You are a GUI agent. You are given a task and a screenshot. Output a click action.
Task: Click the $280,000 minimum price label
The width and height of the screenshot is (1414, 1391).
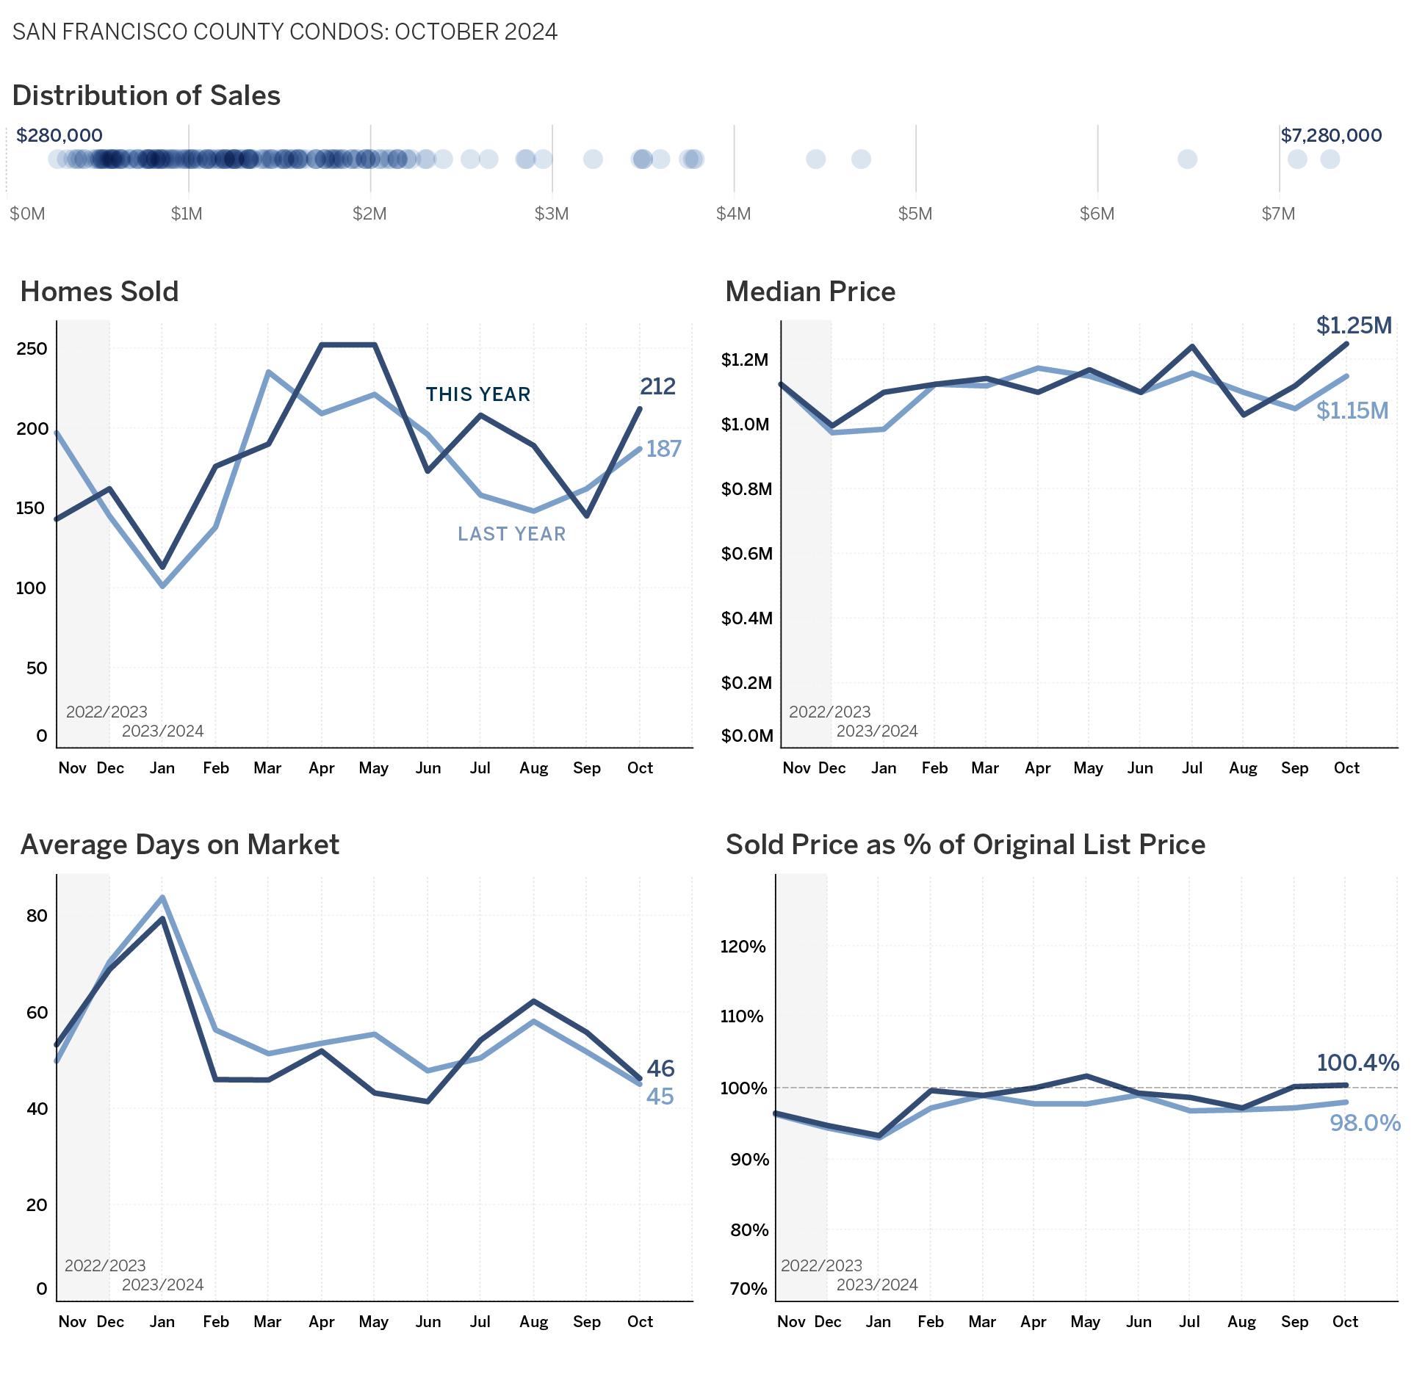coord(59,136)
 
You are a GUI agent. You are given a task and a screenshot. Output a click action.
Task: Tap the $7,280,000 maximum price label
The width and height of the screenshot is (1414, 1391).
coord(1331,136)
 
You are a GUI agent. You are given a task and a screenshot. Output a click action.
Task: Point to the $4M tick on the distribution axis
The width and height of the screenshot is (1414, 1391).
coord(733,214)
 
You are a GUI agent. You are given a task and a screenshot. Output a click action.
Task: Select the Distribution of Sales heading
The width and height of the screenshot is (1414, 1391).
coord(146,95)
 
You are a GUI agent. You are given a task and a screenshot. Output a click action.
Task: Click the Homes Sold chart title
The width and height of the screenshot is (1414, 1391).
coord(99,292)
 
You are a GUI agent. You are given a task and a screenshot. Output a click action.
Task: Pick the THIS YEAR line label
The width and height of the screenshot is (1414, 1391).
coord(478,394)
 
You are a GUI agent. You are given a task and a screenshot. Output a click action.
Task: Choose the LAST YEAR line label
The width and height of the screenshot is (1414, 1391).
coord(512,534)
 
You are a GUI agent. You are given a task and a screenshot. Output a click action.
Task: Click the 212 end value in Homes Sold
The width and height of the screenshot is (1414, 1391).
coord(657,386)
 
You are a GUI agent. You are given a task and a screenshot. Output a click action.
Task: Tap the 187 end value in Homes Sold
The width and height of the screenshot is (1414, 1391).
coord(663,449)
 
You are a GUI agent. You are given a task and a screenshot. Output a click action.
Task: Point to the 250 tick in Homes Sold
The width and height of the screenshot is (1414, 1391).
coord(32,348)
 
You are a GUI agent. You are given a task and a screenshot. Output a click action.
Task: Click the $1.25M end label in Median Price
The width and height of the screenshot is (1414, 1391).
coord(1354,325)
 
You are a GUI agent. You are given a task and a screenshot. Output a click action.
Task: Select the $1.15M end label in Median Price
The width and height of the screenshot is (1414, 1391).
coord(1352,411)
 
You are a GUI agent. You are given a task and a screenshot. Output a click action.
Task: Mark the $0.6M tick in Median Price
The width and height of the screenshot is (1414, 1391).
coord(746,553)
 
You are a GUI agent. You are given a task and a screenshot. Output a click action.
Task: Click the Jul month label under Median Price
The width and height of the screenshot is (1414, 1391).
coord(1191,768)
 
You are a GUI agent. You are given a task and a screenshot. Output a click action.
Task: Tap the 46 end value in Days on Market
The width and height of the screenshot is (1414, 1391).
coord(660,1069)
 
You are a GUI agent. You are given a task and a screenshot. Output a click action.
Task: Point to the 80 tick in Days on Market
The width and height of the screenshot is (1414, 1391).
coord(37,915)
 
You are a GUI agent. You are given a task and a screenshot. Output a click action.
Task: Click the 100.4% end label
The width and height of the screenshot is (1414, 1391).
coord(1357,1063)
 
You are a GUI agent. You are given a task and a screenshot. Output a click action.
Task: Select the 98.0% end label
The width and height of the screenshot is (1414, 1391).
coord(1365,1123)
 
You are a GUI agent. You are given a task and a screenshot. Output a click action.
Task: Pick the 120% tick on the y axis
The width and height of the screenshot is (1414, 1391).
coord(743,946)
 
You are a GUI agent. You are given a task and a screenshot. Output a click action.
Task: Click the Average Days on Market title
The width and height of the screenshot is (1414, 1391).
coord(179,845)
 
